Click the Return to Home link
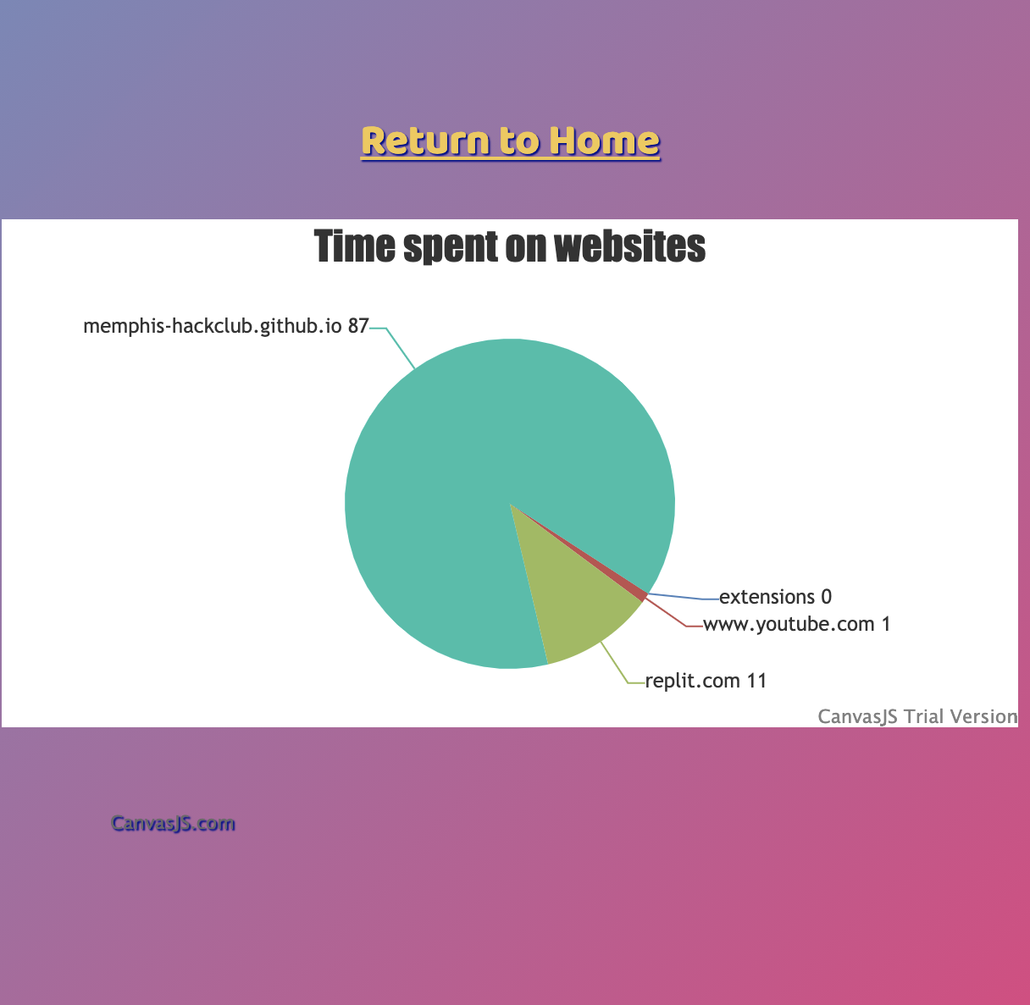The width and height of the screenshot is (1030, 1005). [x=510, y=141]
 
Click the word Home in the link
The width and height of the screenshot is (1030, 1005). [x=605, y=141]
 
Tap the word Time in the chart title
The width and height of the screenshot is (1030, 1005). [x=354, y=246]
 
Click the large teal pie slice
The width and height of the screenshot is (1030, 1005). [x=476, y=450]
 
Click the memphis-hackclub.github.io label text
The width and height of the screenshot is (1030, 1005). [x=213, y=326]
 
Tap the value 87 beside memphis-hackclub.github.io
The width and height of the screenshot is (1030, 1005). [x=357, y=326]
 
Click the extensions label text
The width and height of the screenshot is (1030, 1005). [x=767, y=597]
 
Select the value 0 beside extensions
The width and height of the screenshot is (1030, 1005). [x=826, y=597]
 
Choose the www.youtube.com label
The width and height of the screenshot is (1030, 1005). [x=789, y=625]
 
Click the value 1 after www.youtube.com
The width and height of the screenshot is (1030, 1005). [x=885, y=624]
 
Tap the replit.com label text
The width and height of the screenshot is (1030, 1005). [x=692, y=682]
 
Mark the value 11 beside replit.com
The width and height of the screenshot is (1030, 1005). [x=756, y=681]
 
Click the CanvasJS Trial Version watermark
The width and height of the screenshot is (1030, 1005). [x=917, y=717]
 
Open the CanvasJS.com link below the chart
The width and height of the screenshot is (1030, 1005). [x=173, y=824]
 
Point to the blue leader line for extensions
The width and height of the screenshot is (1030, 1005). [x=684, y=597]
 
